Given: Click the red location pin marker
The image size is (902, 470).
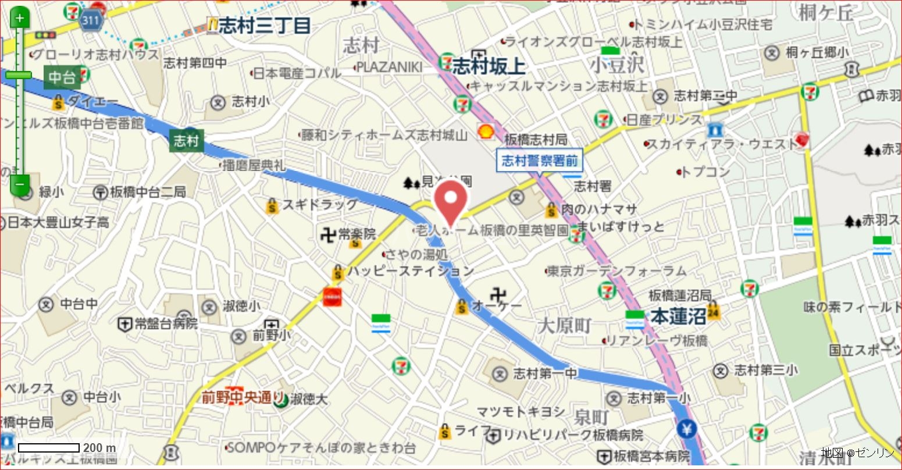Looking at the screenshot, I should click(x=451, y=201).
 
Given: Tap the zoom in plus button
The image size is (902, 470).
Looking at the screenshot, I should click(x=20, y=17).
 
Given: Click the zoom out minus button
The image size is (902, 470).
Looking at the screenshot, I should click(x=20, y=184).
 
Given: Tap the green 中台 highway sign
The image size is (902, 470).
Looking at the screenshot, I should click(x=62, y=77).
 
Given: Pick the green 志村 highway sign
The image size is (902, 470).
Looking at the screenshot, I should click(x=186, y=141).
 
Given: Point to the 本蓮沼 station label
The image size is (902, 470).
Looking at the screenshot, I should click(x=678, y=317).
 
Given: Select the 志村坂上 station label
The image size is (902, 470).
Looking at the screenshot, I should click(x=489, y=66).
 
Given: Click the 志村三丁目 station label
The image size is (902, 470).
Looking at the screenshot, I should click(x=265, y=26).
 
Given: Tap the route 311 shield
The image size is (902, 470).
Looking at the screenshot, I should click(x=90, y=21).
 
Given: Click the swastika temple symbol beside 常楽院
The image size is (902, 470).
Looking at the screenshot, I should click(x=328, y=235).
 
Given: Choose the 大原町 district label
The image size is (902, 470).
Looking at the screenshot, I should click(x=564, y=326).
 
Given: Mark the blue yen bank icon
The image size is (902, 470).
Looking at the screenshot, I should click(x=687, y=429).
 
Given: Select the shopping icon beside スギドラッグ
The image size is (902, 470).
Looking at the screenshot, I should click(x=272, y=205).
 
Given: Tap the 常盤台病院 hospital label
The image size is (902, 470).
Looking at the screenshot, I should click(x=166, y=324).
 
